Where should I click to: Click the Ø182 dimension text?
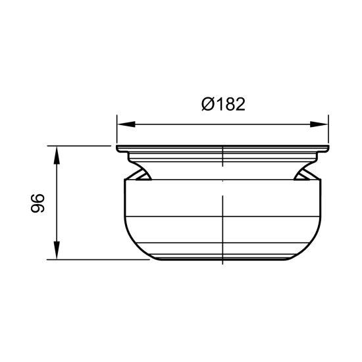tap(223, 105)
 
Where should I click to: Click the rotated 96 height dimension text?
tap(38, 203)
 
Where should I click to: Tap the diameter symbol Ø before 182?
tap(207, 105)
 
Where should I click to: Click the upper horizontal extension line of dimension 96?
tap(79, 145)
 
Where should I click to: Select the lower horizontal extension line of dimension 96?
tap(99, 259)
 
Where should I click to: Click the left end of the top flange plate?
tap(119, 149)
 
